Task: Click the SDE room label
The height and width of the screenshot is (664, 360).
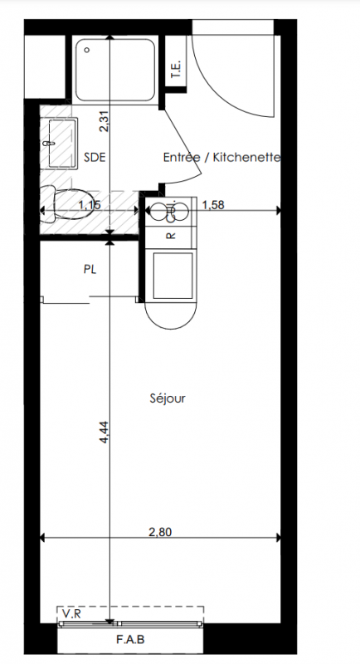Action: pos(95,158)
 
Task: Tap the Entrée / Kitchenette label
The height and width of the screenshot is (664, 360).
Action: pos(222,158)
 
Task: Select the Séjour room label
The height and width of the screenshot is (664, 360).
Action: pos(168,398)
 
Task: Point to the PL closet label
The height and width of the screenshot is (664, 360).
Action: pos(90,269)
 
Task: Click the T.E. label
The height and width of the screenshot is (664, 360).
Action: pos(176,69)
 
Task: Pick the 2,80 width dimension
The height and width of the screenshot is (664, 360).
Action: pos(160,532)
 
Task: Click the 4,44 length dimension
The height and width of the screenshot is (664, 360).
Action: pos(104,432)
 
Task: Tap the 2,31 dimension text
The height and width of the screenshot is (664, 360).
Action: pos(104,120)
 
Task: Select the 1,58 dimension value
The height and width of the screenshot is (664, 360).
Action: pos(213,205)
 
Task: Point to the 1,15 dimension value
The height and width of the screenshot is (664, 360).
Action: pos(90,205)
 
